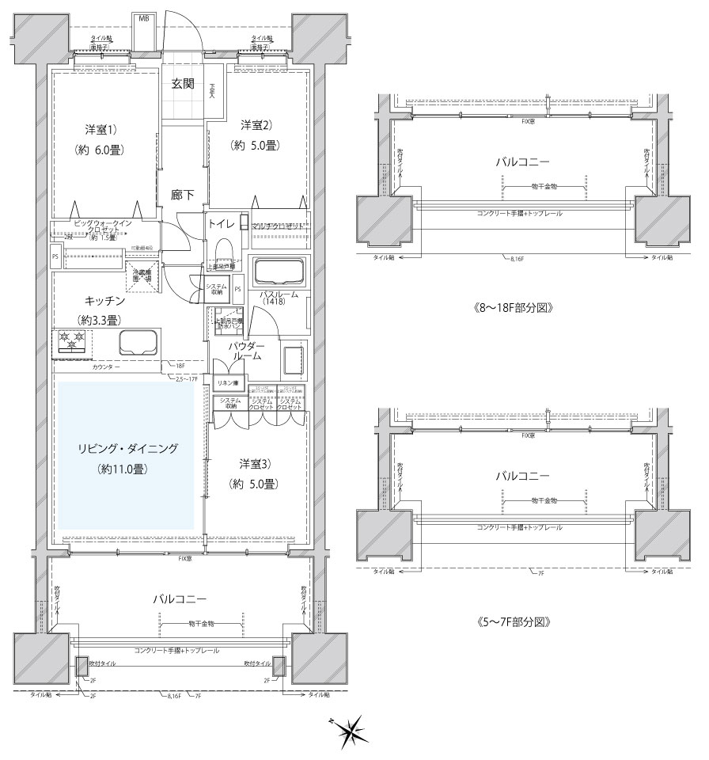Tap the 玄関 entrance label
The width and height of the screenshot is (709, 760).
click(183, 84)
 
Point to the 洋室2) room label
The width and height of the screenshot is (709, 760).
click(256, 124)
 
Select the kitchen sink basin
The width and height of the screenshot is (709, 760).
click(138, 344)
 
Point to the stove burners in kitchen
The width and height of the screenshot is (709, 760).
click(73, 343)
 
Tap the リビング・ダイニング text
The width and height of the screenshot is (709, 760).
click(124, 448)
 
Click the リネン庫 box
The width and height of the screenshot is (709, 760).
click(229, 382)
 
